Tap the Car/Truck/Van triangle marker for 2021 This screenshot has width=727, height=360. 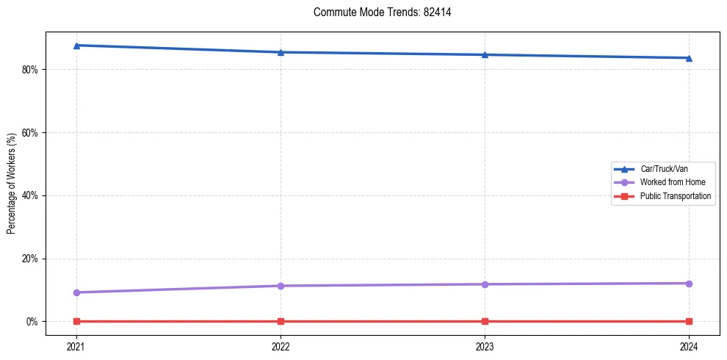pos(76,46)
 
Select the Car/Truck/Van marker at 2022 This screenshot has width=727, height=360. pos(281,52)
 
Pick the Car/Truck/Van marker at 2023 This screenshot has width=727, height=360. pos(485,54)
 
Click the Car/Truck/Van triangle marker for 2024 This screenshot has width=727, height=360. pos(689,58)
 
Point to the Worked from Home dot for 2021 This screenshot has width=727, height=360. pos(76,292)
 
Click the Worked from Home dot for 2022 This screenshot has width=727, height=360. pos(281,286)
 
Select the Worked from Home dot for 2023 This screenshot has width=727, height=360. pos(485,284)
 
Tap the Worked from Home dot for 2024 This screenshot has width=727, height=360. pos(689,284)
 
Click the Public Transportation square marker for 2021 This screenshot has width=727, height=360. pos(76,321)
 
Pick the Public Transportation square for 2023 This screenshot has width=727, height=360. pos(485,321)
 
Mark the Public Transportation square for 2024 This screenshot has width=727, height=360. pos(689,321)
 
